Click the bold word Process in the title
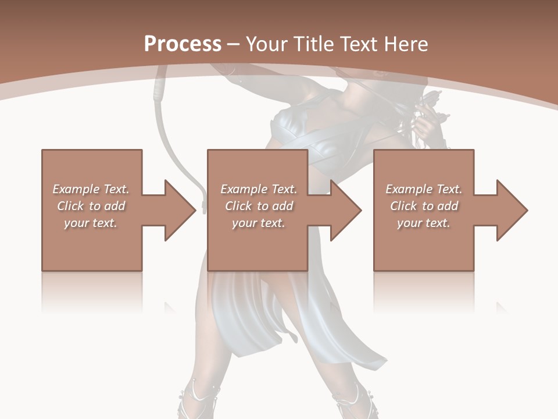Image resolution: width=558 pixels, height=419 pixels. tap(183, 44)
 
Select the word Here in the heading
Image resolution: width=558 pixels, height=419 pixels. tap(406, 44)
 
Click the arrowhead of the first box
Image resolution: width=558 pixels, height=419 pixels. tap(180, 210)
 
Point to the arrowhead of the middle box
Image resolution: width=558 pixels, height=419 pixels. tap(345, 210)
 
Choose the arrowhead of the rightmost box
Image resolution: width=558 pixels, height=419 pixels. tap(512, 210)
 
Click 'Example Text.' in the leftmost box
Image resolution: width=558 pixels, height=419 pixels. tap(91, 189)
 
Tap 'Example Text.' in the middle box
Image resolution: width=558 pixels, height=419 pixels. tap(259, 189)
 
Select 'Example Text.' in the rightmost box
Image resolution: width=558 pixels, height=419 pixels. tap(424, 189)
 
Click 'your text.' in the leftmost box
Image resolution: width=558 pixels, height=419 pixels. tap(91, 223)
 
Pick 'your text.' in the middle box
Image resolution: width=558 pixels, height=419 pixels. tap(259, 223)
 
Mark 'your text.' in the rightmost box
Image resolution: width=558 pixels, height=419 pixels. tap(424, 223)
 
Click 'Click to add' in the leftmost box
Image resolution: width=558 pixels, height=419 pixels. tap(91, 206)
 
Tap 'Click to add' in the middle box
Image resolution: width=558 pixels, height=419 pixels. tap(259, 206)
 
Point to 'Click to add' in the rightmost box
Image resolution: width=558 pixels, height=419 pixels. tap(424, 206)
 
